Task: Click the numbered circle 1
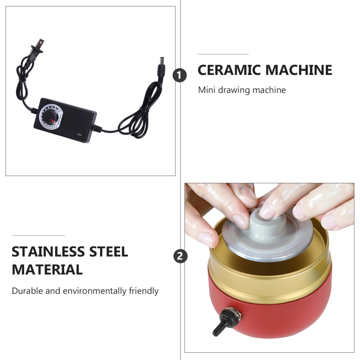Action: click(x=180, y=76)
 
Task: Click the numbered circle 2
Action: click(x=180, y=257)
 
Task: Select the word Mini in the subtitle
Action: click(x=206, y=90)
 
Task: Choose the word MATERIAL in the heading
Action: click(x=47, y=269)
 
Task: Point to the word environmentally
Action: click(x=95, y=291)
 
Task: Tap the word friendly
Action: click(x=144, y=291)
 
